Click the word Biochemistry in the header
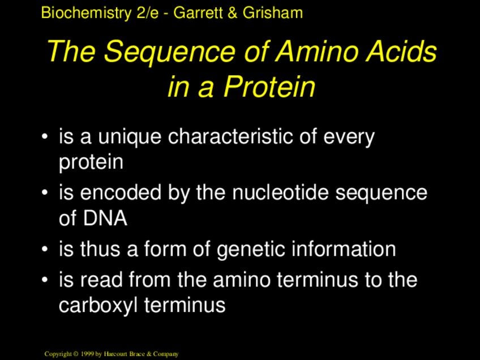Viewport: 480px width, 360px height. click(x=86, y=13)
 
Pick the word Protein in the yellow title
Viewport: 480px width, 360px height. click(x=269, y=86)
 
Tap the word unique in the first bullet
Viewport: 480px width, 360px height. click(x=130, y=137)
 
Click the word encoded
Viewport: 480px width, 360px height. click(x=121, y=192)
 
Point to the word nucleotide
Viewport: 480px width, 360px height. click(x=280, y=192)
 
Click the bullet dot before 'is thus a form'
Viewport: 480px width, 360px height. click(x=45, y=249)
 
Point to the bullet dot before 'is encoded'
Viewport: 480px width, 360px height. click(x=45, y=193)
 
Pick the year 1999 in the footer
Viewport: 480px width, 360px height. click(x=87, y=354)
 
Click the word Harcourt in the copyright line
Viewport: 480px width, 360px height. click(x=115, y=354)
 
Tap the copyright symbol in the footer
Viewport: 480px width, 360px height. click(x=76, y=354)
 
